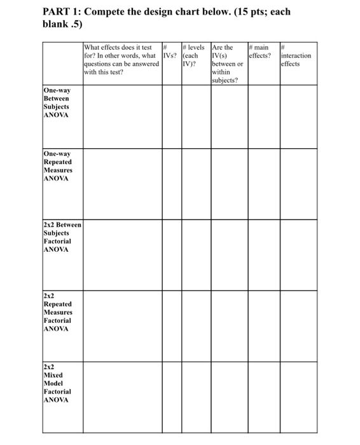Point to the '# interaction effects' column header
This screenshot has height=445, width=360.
(296, 55)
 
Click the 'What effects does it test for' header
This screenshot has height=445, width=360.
(121, 59)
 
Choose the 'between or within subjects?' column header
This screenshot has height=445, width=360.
(228, 64)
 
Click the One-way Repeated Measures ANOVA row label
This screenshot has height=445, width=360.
(58, 166)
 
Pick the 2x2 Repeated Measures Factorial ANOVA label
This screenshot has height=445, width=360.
(58, 312)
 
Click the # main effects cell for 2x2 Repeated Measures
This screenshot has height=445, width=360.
(263, 325)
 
